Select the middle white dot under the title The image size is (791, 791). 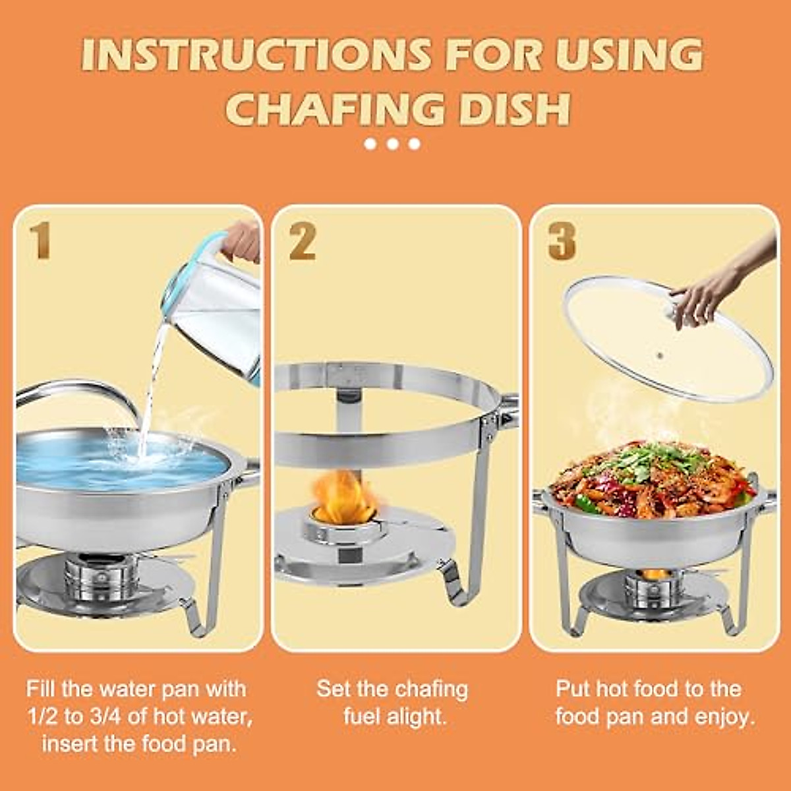pos(393,144)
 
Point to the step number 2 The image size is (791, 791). pos(302,242)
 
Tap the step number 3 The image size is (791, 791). pos(562,241)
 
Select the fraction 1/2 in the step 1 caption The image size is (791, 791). pos(43,717)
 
